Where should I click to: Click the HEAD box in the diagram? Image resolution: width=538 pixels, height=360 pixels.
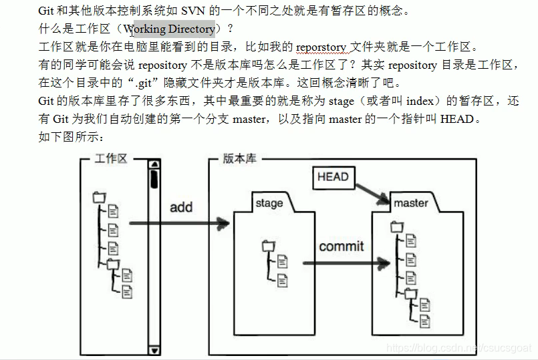(333, 177)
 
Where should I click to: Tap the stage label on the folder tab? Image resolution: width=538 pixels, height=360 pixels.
(269, 203)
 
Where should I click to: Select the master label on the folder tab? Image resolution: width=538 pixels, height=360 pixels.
(411, 202)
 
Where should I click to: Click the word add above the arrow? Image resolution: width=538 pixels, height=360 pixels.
(181, 207)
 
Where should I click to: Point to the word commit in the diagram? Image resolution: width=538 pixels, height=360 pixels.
(342, 246)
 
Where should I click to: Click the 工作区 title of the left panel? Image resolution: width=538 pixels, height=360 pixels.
(110, 159)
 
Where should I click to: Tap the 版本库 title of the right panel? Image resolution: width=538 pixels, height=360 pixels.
(240, 159)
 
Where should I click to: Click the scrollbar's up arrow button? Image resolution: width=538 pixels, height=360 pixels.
(154, 164)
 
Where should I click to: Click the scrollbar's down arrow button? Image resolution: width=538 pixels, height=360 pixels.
(154, 350)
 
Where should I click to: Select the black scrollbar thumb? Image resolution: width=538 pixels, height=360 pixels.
(154, 179)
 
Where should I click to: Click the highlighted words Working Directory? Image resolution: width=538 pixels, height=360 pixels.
(170, 29)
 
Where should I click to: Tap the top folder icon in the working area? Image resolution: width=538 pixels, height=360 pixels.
(100, 197)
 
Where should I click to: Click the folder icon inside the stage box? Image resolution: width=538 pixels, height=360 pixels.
(269, 246)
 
